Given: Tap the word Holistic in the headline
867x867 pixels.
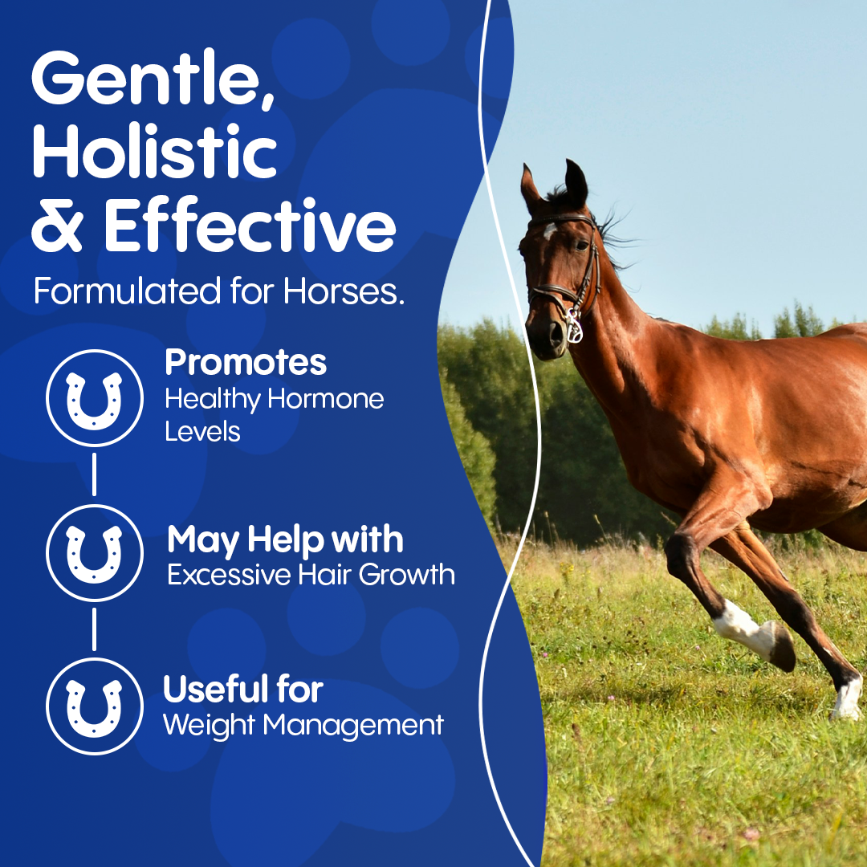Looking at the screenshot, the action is (x=154, y=150).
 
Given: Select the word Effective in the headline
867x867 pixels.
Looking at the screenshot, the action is (x=250, y=224).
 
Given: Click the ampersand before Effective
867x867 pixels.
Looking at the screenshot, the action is (x=58, y=225).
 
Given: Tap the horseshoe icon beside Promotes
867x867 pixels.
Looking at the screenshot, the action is (x=94, y=398).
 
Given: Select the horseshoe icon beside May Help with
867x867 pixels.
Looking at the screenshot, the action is (x=94, y=552).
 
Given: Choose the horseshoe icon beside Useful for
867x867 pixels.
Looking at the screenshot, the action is (x=94, y=706).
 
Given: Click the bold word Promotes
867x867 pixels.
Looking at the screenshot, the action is (x=246, y=362).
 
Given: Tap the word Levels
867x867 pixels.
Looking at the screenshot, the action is (x=202, y=431).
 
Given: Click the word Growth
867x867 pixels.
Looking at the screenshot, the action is (x=406, y=575).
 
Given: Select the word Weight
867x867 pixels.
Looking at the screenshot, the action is (x=209, y=725).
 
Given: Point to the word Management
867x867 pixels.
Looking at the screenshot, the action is (x=353, y=725).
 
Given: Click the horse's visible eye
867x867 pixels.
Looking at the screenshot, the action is (x=582, y=244).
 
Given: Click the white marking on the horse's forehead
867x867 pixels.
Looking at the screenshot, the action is (x=549, y=230).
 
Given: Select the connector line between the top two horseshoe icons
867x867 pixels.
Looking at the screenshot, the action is (x=94, y=474).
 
